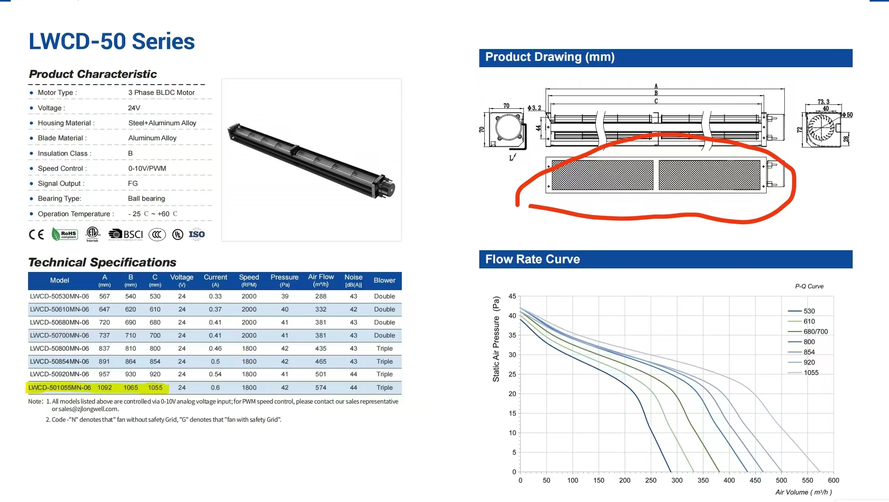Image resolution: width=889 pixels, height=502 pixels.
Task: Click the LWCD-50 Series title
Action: (112, 42)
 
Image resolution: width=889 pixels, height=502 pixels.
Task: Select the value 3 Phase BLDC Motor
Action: (161, 92)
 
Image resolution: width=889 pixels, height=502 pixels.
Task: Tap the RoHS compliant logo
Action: (65, 234)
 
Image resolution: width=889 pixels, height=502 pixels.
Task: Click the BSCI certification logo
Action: (126, 234)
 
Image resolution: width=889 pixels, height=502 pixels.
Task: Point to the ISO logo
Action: (197, 234)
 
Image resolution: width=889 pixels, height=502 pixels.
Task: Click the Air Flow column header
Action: (321, 280)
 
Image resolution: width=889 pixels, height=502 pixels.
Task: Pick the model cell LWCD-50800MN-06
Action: (59, 348)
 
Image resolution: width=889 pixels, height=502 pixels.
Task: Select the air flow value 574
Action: (321, 387)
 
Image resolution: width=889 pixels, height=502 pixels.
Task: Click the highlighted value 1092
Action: (105, 387)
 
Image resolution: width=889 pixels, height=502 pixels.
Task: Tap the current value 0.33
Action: (215, 296)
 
